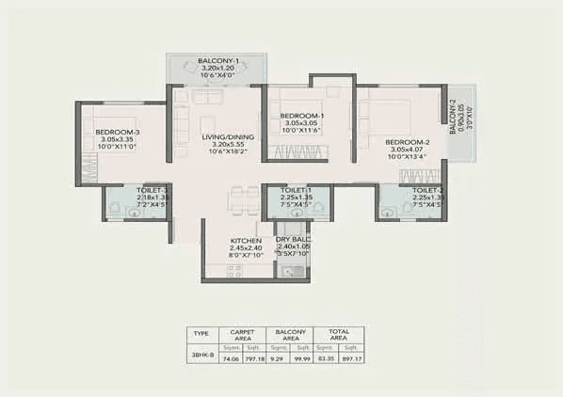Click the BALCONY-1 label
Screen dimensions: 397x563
click(217, 60)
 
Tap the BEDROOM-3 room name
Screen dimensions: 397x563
click(119, 133)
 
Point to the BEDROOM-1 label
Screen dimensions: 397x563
click(302, 116)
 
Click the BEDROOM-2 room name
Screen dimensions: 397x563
click(407, 142)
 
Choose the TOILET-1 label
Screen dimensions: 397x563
click(297, 189)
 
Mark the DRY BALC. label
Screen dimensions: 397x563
click(295, 240)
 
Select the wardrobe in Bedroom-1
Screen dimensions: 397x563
click(298, 151)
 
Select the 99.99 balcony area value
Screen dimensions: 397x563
click(303, 358)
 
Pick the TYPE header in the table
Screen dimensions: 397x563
click(201, 333)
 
